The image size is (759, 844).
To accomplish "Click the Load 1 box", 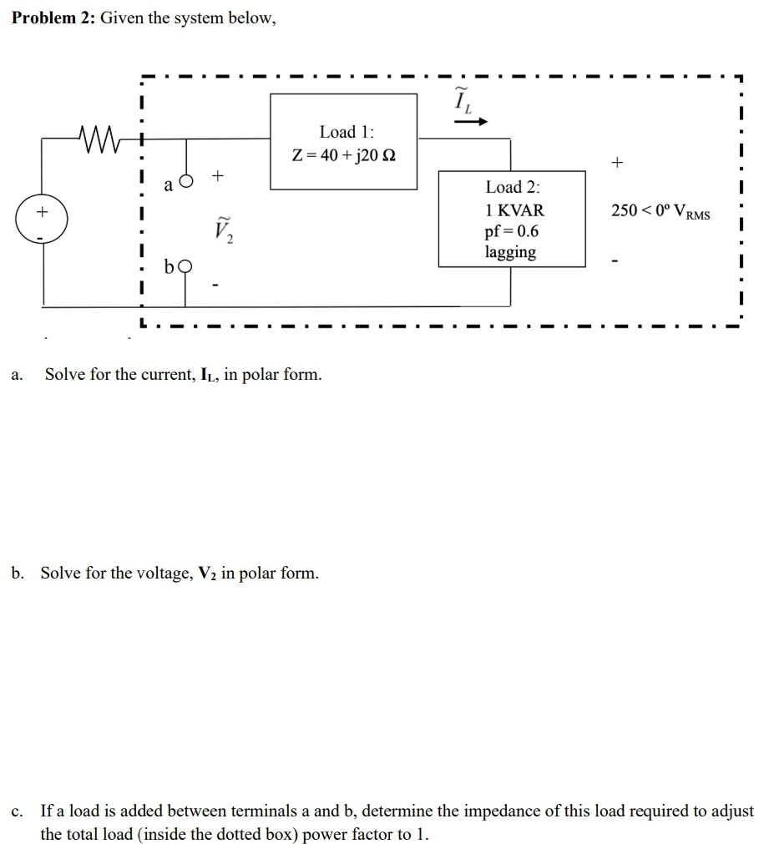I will [343, 142].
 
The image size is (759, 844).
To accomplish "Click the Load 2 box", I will [511, 219].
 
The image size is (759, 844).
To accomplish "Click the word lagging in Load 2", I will [510, 252].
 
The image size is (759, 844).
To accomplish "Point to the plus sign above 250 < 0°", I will [617, 164].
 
